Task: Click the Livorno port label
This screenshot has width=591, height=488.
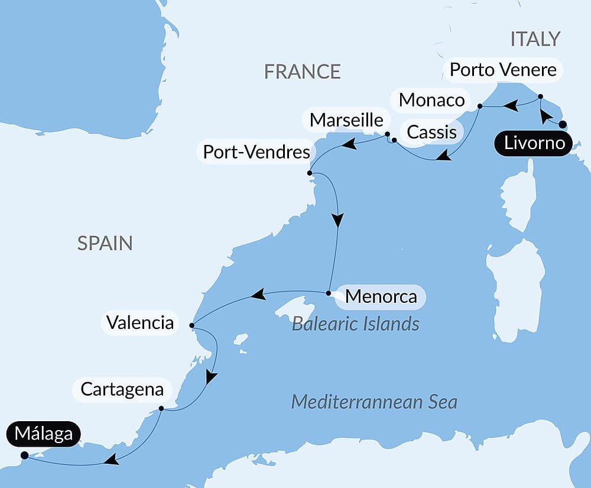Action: click(534, 144)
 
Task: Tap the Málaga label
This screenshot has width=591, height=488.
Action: click(44, 434)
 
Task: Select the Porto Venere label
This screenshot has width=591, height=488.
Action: click(503, 70)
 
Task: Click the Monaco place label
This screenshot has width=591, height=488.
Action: click(431, 99)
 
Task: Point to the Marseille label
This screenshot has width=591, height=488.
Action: click(346, 119)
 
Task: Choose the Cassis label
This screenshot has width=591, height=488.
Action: click(431, 132)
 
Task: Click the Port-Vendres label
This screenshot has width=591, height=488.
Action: click(256, 152)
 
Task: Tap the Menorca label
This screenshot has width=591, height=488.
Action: click(381, 296)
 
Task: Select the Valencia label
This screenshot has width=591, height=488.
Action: click(140, 323)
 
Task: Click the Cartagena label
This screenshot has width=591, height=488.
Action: click(122, 389)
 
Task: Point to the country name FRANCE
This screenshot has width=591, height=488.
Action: click(302, 72)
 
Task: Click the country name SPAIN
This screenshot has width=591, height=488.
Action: click(105, 243)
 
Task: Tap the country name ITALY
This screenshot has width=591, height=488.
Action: click(534, 39)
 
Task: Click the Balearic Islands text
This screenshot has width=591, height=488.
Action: click(356, 324)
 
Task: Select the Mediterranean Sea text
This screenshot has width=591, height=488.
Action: click(374, 402)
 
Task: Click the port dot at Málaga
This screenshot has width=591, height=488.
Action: click(24, 455)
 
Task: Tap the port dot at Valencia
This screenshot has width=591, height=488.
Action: click(191, 325)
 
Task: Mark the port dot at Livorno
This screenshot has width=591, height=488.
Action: click(563, 124)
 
